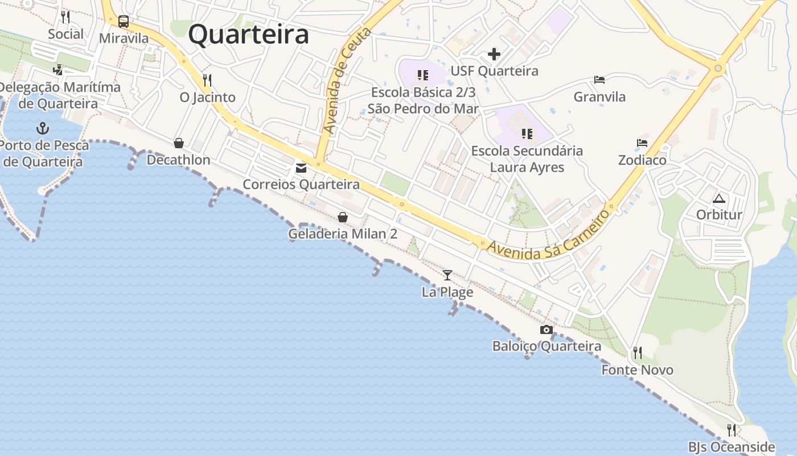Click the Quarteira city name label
(249, 34)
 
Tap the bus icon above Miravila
(124, 22)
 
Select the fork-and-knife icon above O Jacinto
(207, 80)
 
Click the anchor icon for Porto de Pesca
(43, 128)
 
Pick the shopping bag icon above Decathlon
(179, 142)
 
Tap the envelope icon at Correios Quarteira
(301, 168)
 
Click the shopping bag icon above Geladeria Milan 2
(343, 217)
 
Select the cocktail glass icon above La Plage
(447, 275)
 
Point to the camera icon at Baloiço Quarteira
(547, 329)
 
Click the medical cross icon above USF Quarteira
(494, 54)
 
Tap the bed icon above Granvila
(599, 80)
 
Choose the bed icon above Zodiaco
(642, 143)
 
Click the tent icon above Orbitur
(719, 198)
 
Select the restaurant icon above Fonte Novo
(638, 353)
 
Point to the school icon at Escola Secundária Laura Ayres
(527, 134)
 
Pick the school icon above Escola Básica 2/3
(422, 75)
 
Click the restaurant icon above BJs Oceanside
(732, 430)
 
